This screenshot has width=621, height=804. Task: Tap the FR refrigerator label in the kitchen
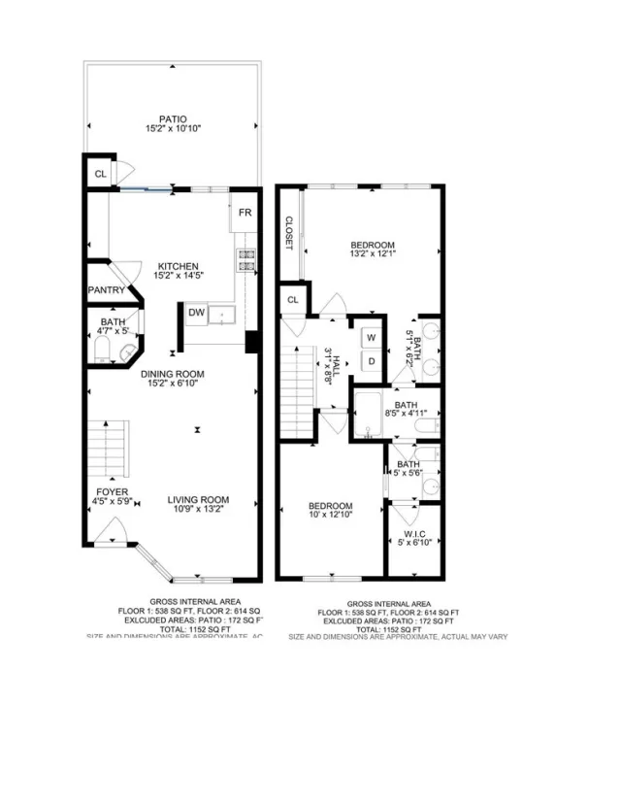point(245,211)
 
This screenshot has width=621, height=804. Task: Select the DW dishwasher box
point(196,312)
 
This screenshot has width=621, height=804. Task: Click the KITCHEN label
point(179,266)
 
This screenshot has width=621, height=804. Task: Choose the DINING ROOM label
point(172,373)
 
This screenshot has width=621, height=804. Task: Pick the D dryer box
point(371,361)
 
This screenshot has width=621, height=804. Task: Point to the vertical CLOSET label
point(289,233)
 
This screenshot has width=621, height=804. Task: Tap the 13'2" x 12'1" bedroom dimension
point(373,255)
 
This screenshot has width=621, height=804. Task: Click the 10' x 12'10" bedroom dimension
point(331,518)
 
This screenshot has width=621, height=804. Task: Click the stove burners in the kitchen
point(245,259)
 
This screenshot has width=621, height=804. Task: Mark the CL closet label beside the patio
point(100,175)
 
